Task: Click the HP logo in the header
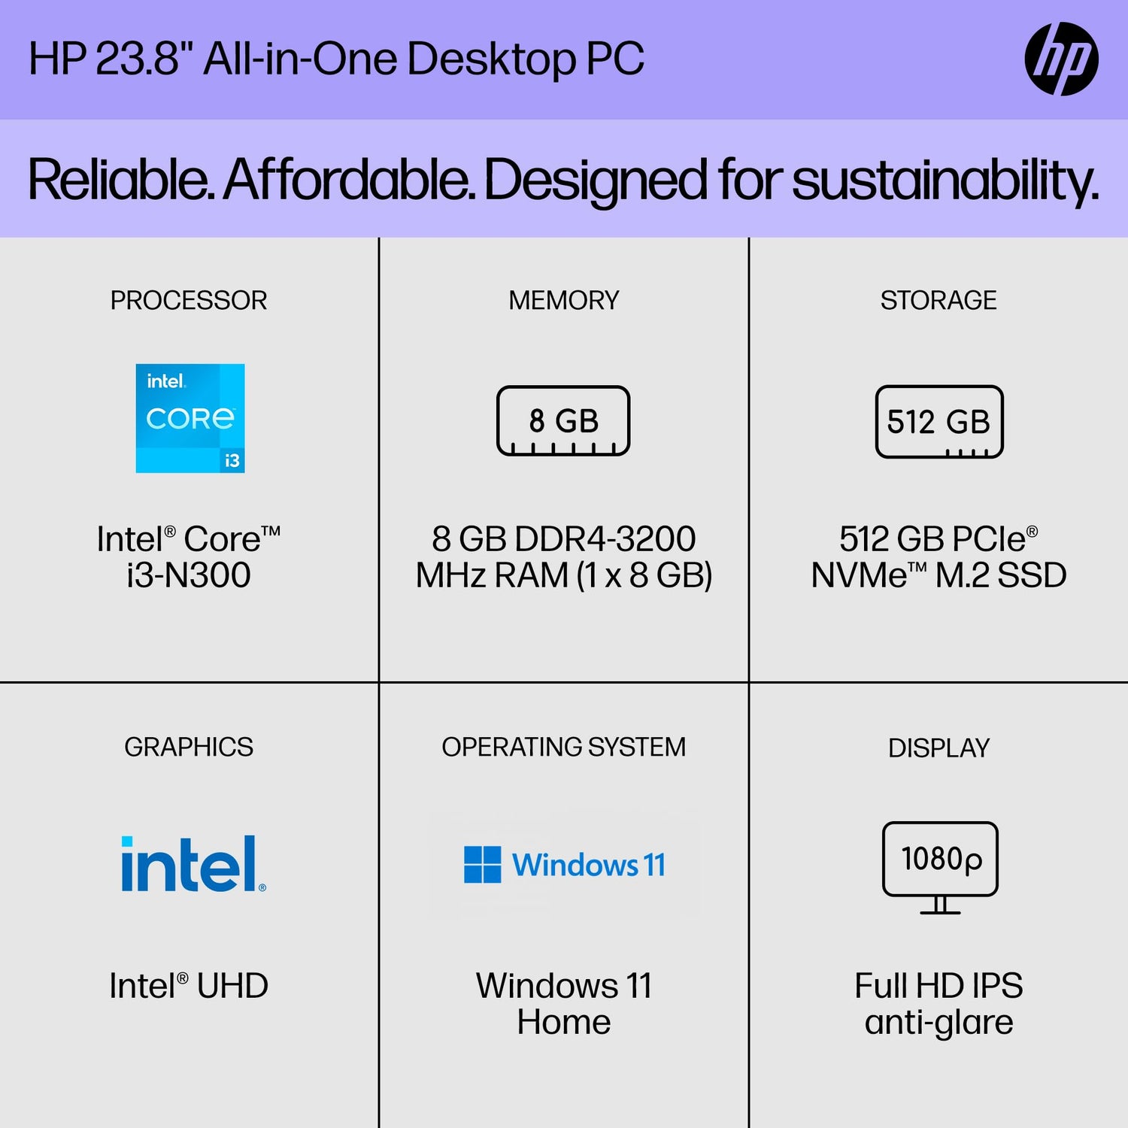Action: coord(1061,59)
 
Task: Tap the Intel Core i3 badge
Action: coord(190,418)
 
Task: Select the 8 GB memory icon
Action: coord(563,420)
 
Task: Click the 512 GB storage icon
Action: coord(939,421)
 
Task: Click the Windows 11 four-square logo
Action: coord(482,864)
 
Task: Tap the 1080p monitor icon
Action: coord(940,868)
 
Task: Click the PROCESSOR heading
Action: coord(189,300)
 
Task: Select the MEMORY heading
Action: coord(564,300)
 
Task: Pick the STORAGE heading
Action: coord(938,300)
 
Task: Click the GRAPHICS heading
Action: coord(189,747)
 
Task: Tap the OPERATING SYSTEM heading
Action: coord(564,747)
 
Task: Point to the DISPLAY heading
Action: coord(938,747)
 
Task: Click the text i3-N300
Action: coord(189,575)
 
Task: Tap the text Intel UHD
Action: coord(189,985)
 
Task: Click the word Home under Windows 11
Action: coord(564,1022)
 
